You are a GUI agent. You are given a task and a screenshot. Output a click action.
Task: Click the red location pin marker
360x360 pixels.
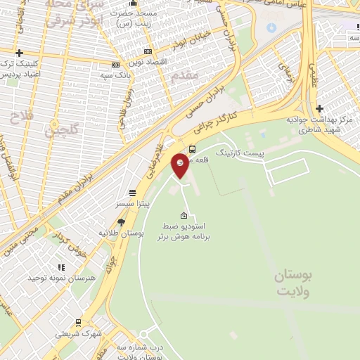pyautogui.click(x=180, y=165)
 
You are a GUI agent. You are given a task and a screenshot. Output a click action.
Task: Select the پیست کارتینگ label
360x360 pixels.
pyautogui.click(x=240, y=152)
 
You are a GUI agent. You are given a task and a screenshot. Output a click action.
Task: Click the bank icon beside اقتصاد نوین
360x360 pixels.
pyautogui.click(x=147, y=51)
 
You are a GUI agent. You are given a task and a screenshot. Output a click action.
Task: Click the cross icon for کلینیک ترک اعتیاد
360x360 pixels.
pyautogui.click(x=19, y=53)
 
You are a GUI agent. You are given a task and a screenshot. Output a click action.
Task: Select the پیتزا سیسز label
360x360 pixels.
pyautogui.click(x=133, y=203)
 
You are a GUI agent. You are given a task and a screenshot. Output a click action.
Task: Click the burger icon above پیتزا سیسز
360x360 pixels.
pyautogui.click(x=132, y=193)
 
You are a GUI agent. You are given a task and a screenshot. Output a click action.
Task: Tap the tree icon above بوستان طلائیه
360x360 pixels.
pyautogui.click(x=121, y=221)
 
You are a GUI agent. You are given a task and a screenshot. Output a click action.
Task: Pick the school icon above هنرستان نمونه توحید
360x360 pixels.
pyautogui.click(x=61, y=267)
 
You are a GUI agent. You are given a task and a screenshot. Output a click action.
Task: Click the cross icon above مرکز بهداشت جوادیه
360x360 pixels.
pyautogui.click(x=320, y=108)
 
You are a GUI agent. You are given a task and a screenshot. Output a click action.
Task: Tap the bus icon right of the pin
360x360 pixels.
pyautogui.click(x=193, y=149)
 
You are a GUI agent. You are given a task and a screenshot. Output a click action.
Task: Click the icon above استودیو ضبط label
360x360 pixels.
pyautogui.click(x=184, y=216)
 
